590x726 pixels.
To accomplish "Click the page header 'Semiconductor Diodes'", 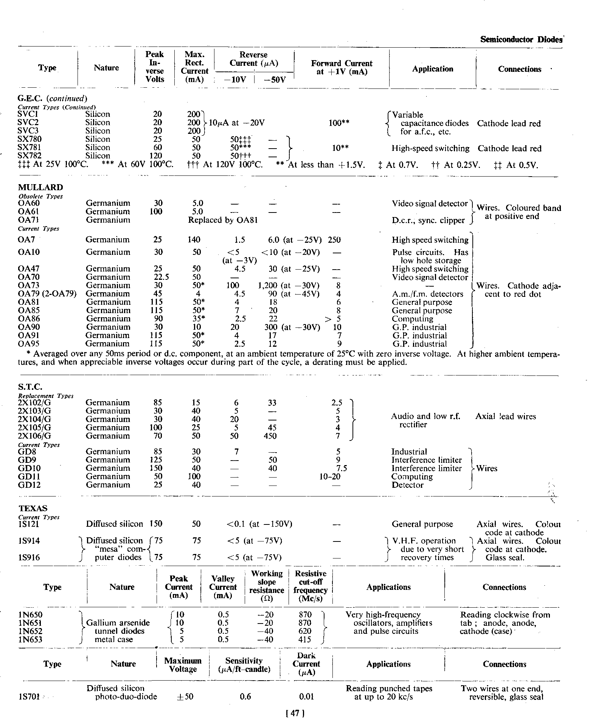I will (x=521, y=39).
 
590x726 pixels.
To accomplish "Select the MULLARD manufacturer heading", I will (x=40, y=188).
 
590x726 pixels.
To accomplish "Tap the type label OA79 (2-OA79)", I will (x=47, y=294).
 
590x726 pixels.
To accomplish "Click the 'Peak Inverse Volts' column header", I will (x=155, y=67).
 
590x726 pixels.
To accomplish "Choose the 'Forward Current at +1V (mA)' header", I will (x=342, y=68).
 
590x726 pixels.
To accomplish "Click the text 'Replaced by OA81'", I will (x=223, y=220).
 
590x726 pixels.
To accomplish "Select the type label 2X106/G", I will (x=34, y=436).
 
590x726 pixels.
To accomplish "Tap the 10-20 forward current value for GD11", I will (x=330, y=477).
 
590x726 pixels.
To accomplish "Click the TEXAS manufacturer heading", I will (x=33, y=509).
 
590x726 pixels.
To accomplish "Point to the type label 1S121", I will (x=28, y=524).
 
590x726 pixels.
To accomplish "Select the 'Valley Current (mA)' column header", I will (x=223, y=587).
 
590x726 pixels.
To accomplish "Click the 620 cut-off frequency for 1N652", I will (x=305, y=631).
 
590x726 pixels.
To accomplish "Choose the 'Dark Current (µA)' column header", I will (x=306, y=664).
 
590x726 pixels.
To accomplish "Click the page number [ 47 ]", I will (x=295, y=713).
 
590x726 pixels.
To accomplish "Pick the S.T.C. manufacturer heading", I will (x=30, y=387).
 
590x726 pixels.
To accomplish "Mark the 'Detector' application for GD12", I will (x=407, y=485).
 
